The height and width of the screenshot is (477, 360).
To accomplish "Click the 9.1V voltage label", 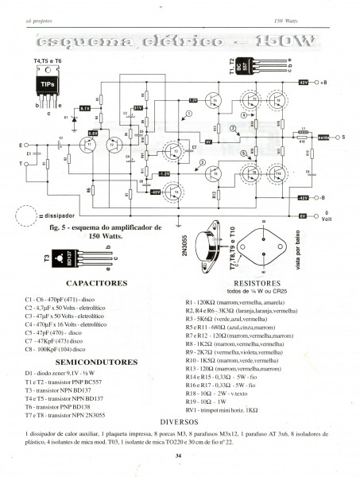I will click(85, 107).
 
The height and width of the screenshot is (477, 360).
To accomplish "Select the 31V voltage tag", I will click(137, 107).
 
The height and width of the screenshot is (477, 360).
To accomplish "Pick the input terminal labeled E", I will click(21, 145).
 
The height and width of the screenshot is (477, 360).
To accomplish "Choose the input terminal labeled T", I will click(21, 165).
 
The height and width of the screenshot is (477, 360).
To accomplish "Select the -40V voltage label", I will click(154, 191).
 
